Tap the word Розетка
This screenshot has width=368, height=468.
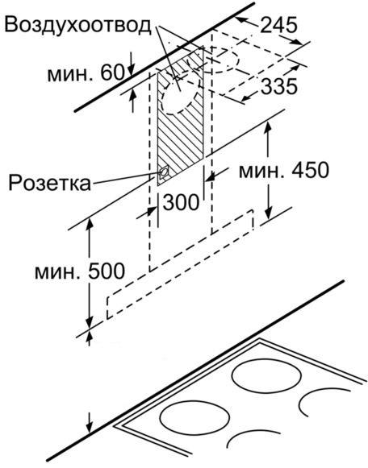[x=49, y=183]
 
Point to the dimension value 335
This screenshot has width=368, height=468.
[x=278, y=86]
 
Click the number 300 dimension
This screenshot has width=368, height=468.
[x=181, y=202]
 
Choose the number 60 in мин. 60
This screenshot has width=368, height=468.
[x=112, y=72]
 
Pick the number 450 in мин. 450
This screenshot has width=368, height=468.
[x=311, y=170]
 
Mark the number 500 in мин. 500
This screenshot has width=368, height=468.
[x=106, y=271]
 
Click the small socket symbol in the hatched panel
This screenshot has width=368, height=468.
[x=164, y=172]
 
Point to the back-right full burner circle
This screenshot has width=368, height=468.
[x=266, y=378]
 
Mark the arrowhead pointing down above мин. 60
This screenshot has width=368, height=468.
[x=132, y=69]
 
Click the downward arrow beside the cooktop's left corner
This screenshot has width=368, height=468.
[x=90, y=423]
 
